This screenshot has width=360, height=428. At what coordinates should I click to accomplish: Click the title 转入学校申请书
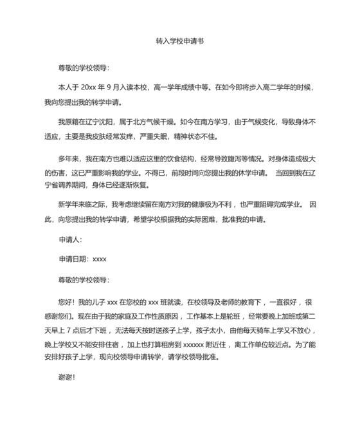point(180,39)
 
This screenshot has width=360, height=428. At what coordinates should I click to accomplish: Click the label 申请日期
point(73,259)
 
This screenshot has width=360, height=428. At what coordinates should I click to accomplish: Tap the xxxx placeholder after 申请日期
point(100,259)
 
